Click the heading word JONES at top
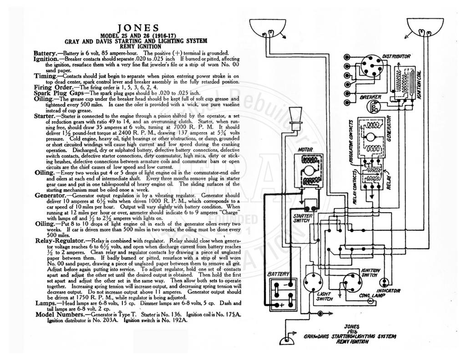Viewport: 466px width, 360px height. point(138,28)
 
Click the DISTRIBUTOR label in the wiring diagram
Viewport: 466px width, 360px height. point(396,56)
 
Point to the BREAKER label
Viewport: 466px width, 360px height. point(370,97)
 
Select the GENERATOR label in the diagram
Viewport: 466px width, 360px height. point(389,128)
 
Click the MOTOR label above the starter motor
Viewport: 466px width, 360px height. point(305,150)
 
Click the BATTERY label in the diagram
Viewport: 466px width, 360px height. point(278,274)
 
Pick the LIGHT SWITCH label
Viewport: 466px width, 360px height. point(324,296)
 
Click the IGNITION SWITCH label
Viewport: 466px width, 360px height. point(370,273)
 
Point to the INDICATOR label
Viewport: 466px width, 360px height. point(389,291)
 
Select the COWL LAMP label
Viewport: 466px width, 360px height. point(372,295)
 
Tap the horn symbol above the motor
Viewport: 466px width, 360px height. point(295,118)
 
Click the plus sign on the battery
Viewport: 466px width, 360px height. point(282,305)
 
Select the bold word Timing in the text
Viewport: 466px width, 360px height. point(45,76)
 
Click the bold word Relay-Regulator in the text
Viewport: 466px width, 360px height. point(60,240)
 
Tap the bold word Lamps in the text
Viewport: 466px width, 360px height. point(46,303)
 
